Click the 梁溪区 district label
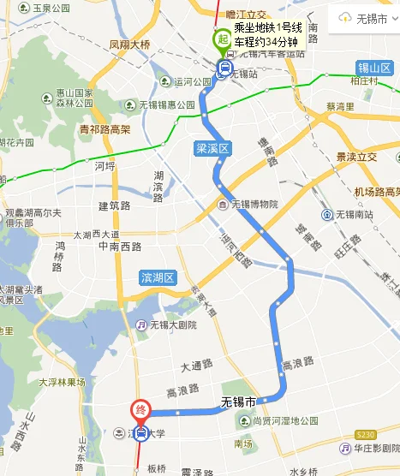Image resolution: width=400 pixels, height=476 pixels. [212, 149]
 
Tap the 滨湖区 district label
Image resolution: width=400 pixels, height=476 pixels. [158, 277]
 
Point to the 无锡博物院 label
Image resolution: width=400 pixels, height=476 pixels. [248, 205]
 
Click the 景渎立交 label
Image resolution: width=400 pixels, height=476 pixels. [357, 157]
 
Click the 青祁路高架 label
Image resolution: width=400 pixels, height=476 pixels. [104, 129]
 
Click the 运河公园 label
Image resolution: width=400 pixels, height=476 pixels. [192, 82]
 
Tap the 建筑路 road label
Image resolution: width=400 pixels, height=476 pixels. [114, 205]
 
